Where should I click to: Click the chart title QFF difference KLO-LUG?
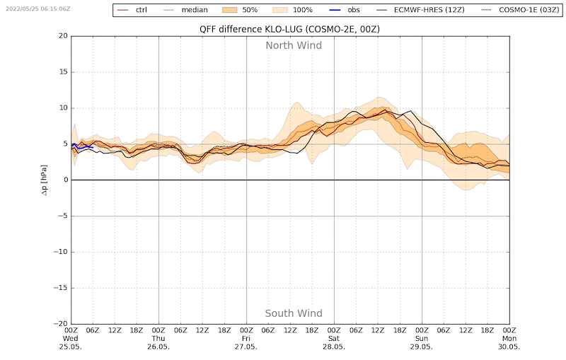tap(289, 29)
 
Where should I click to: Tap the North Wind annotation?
tap(294, 45)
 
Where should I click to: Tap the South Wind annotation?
tap(294, 313)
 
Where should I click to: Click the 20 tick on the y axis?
tap(62, 36)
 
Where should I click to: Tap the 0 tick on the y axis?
tap(64, 180)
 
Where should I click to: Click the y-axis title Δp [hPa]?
tap(44, 180)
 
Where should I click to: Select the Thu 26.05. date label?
tap(158, 342)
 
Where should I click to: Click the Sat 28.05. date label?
tap(334, 342)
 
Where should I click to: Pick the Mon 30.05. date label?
tap(509, 342)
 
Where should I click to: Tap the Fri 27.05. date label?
tap(246, 342)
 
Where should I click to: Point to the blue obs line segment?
tap(82, 146)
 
